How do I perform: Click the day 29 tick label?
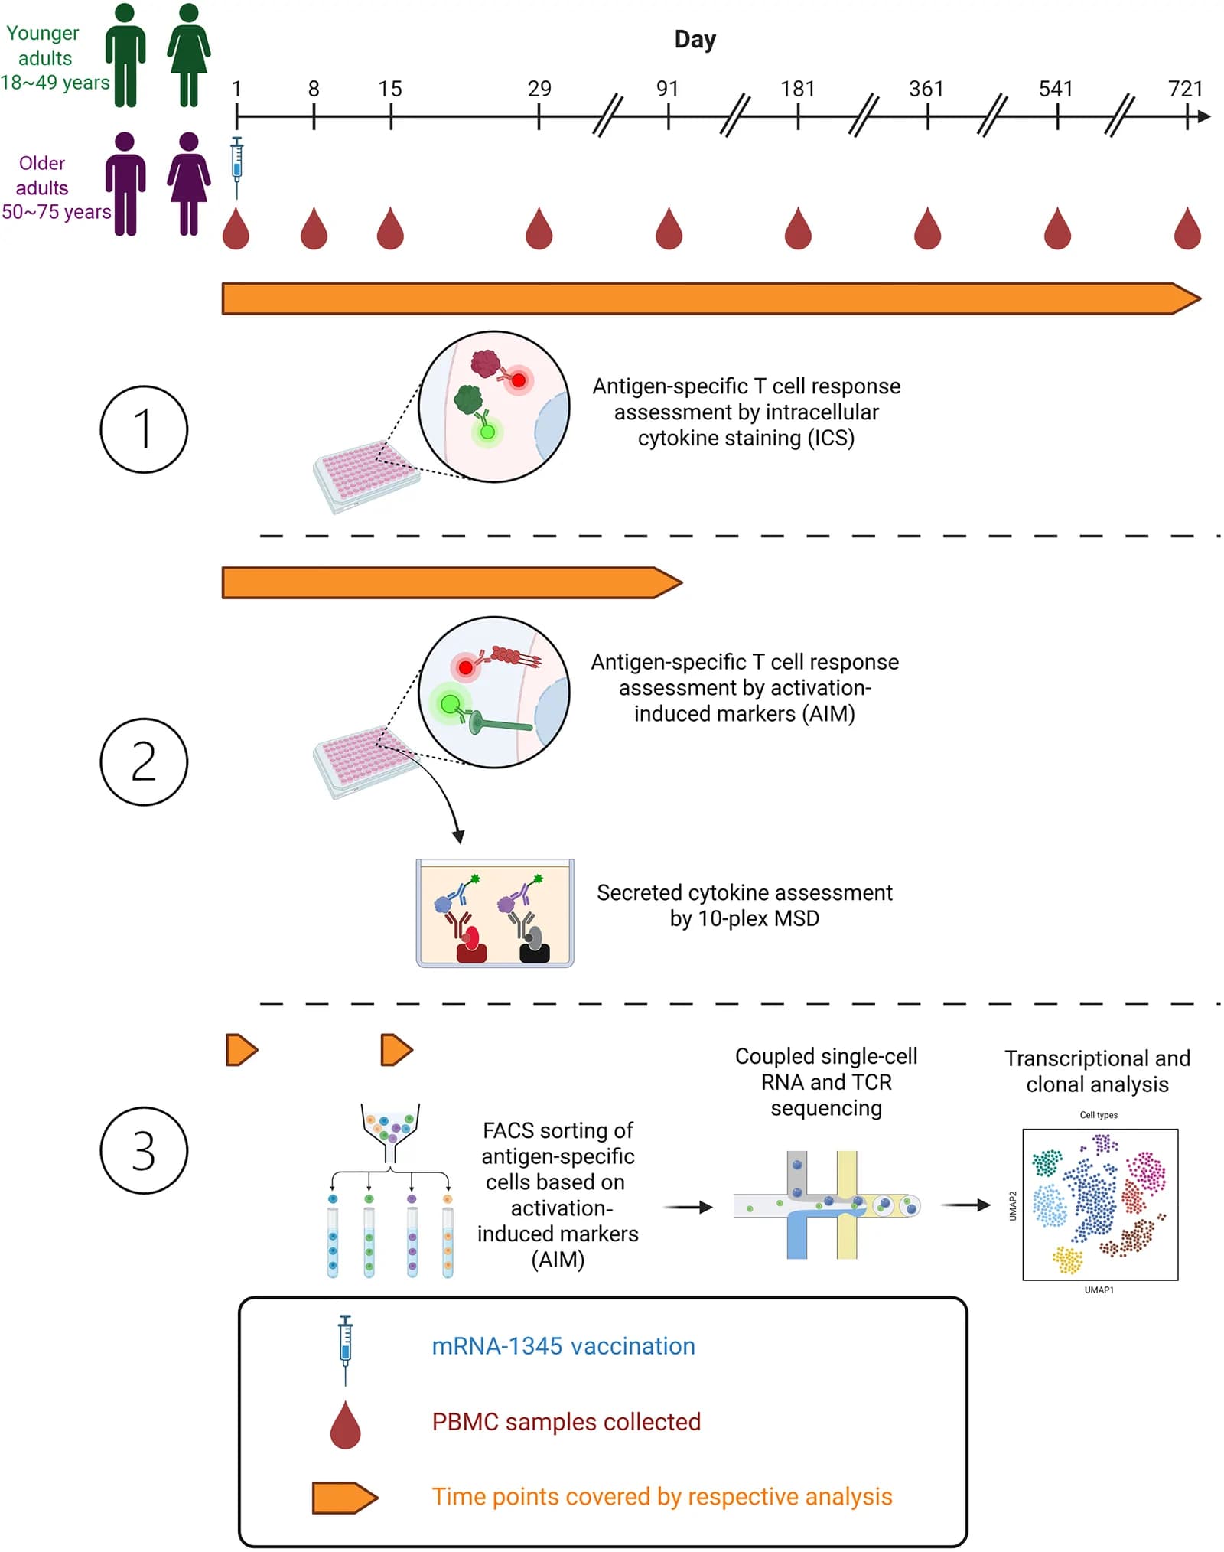(x=539, y=89)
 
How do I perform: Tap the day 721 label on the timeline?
(x=1186, y=89)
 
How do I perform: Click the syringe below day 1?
(x=237, y=168)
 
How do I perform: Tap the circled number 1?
(x=144, y=429)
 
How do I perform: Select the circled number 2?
(x=144, y=761)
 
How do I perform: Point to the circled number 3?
(x=144, y=1149)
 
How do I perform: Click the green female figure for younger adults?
(x=189, y=55)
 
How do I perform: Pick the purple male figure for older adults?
(x=125, y=184)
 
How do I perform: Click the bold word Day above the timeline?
(x=695, y=40)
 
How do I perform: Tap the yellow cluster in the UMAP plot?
(x=1067, y=1260)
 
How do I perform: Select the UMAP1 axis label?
(x=1099, y=1290)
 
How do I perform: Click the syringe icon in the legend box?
(x=346, y=1350)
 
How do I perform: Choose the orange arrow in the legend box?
(x=345, y=1498)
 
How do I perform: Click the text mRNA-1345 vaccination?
(x=564, y=1346)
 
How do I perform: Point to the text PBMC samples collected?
(x=566, y=1421)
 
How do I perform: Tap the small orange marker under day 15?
(x=396, y=1049)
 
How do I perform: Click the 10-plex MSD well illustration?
(x=495, y=913)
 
